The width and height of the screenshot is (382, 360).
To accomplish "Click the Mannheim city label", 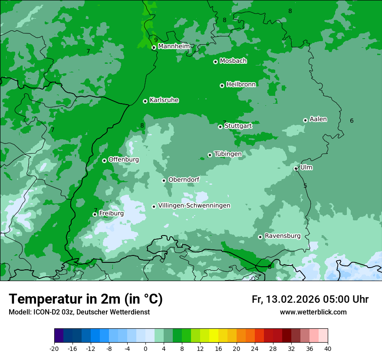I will point(174,46).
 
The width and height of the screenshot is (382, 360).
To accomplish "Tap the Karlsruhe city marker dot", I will point(145,101).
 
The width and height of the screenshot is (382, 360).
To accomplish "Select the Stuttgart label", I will point(238,126).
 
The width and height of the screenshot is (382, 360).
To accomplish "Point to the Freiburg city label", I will point(111,213).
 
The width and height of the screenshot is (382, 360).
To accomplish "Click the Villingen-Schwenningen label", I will point(194,206).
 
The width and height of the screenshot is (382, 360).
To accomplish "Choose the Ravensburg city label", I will point(282,236).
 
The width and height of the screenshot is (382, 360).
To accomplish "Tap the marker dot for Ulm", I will point(296,168).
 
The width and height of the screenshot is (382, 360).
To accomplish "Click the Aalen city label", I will point(318,119).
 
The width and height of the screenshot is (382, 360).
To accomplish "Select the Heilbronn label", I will point(240,85).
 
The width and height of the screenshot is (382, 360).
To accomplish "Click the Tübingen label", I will point(227,154).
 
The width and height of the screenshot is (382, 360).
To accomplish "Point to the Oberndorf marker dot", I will point(164,180).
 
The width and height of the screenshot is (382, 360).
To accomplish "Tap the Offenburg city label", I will point(123,160).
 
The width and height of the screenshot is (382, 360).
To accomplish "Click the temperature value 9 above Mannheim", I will point(156,40).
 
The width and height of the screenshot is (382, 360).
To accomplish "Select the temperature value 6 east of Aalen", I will point(352,121).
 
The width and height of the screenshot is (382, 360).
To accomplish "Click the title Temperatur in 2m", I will point(86,299).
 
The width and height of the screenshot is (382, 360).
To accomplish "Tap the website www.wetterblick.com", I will point(313,312).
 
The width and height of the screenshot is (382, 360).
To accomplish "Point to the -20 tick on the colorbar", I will point(54,348).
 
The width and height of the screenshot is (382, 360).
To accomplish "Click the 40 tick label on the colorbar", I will point(328,348).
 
